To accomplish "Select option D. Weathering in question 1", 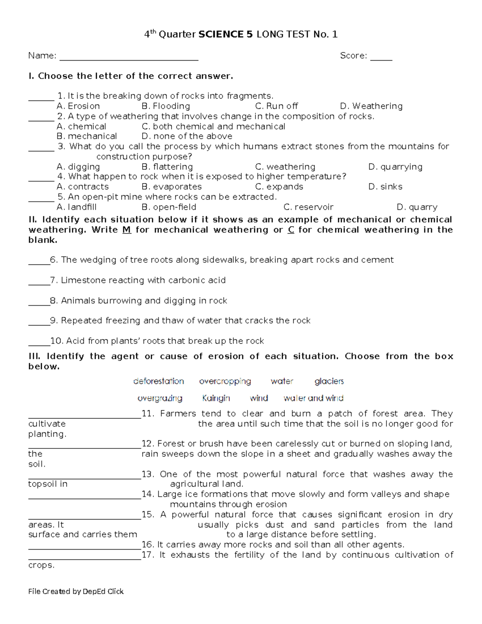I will click(x=371, y=106).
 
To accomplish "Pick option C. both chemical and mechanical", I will click(x=213, y=127).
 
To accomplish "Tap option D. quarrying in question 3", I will click(x=395, y=167).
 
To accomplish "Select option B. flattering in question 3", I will click(x=167, y=167).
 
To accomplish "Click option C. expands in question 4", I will click(x=279, y=187).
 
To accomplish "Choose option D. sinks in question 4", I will click(x=385, y=187).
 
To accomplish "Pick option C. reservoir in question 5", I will click(x=308, y=207).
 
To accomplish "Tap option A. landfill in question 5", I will click(x=76, y=207).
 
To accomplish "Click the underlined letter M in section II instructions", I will click(x=127, y=230).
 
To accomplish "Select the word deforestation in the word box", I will click(x=158, y=381).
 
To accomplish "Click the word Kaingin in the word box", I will click(x=216, y=398).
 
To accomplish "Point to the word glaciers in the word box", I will click(x=329, y=381).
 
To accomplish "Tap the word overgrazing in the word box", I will click(x=159, y=398).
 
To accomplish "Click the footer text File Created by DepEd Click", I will click(x=76, y=591).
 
